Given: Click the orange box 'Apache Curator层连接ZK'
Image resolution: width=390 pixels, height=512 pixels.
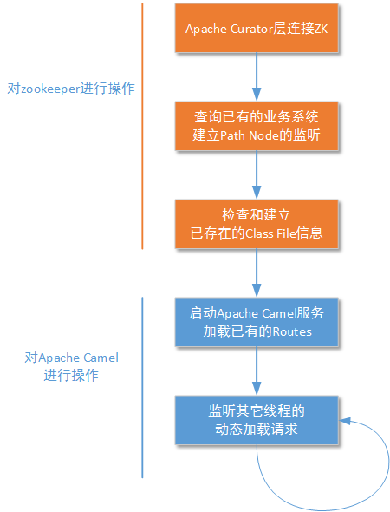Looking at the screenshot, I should (x=256, y=29).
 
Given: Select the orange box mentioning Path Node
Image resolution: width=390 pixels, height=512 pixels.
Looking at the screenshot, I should (x=256, y=126).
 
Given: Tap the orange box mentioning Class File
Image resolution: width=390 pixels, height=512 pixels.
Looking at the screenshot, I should (x=256, y=224).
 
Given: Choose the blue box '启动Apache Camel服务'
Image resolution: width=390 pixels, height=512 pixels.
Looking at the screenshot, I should (x=256, y=321).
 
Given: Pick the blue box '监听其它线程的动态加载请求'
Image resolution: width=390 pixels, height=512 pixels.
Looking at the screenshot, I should (x=256, y=419).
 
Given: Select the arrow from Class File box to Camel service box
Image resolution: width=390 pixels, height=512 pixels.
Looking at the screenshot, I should (x=256, y=272).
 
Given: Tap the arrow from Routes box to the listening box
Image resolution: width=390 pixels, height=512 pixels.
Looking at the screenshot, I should (x=256, y=370).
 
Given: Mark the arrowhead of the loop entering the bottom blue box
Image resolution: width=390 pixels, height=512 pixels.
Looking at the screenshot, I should (x=344, y=420).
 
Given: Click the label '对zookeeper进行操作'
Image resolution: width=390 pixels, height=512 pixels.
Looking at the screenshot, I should (x=71, y=89).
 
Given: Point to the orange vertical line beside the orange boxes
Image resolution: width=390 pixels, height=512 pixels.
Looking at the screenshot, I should (x=142, y=126).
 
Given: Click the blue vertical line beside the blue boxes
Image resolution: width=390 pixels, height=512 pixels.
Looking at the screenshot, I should (x=142, y=386).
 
